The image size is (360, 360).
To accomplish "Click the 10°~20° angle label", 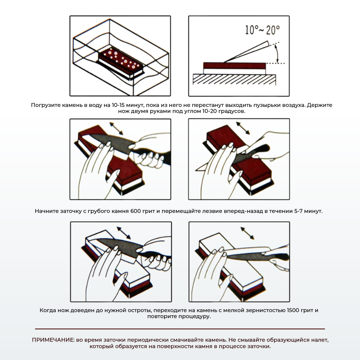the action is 262,30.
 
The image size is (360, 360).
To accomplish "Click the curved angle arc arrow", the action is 277,54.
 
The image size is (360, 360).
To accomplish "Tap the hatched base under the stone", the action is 234,80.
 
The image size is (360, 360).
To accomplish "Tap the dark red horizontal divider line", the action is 180,329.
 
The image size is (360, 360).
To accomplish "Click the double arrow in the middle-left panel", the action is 116,128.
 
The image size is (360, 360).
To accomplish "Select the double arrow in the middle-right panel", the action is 243,128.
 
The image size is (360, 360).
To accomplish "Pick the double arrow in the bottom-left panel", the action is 124,233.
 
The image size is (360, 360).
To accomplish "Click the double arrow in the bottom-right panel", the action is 247,233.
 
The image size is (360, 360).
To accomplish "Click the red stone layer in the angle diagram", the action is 234,66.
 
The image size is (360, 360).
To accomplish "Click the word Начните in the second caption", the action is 47,211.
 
